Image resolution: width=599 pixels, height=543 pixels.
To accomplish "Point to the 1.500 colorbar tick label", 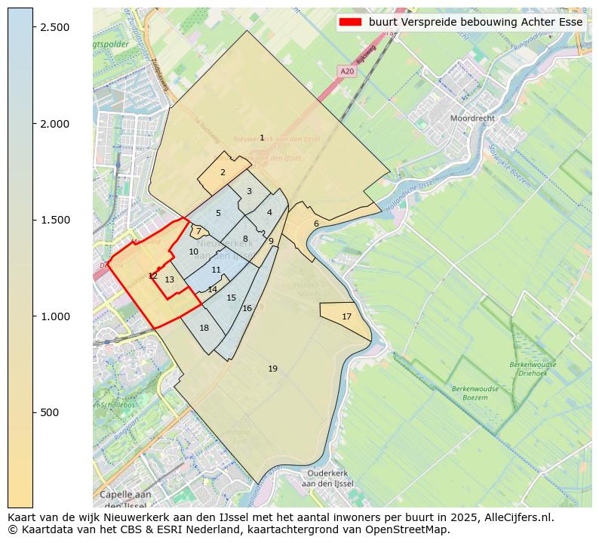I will click(55, 220).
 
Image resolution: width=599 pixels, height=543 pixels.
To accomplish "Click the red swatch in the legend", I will click(352, 22).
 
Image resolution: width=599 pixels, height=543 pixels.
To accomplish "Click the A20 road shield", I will click(347, 71).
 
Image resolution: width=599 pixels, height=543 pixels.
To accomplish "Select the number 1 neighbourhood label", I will click(262, 137).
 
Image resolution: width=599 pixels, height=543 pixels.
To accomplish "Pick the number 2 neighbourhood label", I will click(223, 172).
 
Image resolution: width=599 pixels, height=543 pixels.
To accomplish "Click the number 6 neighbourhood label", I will click(316, 224).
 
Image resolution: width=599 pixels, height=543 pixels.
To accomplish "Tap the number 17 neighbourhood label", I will click(346, 316).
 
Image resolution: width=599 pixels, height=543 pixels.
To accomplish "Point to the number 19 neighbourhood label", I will click(272, 369).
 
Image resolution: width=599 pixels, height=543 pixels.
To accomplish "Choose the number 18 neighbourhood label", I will click(204, 328).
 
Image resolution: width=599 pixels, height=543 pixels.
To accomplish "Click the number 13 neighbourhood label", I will click(169, 279).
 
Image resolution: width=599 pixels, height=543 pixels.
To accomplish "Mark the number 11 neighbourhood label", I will click(216, 270).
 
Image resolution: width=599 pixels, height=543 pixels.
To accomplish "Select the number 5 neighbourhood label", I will click(218, 213).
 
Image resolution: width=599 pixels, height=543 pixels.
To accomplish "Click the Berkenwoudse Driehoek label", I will click(533, 369).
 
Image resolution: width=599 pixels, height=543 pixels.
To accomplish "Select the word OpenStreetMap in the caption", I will click(410, 529).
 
